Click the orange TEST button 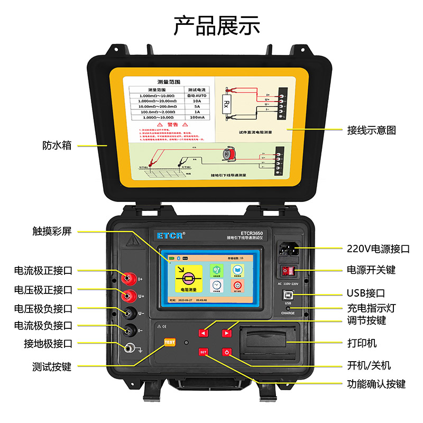coord(170,342)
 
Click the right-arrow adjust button coord(226,333)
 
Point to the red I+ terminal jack coord(127,278)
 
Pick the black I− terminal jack coord(127,331)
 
